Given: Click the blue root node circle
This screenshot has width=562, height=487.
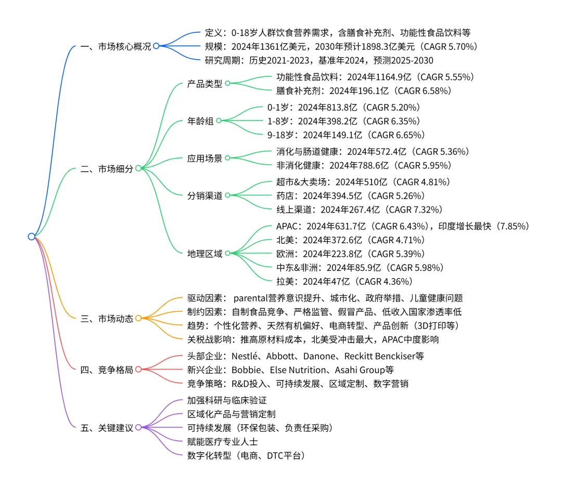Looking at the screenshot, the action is pos(31,236).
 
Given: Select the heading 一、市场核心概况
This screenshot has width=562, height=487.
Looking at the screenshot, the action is pos(116,46).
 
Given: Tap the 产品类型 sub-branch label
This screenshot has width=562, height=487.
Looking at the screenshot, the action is pos(205,84).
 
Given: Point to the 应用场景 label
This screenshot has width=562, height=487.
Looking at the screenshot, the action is pos(205,158).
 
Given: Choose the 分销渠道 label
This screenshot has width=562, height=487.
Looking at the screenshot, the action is pos(205,196).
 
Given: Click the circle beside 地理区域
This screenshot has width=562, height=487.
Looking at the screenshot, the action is pos(227,254).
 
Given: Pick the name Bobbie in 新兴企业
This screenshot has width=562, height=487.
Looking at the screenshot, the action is pos(245,370).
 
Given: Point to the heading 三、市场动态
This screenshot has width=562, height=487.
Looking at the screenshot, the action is pos(107,318).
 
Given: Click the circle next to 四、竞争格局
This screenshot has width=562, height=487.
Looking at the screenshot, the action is pos(138,370).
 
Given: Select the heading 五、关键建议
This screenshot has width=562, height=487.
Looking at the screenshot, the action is pos(107,428).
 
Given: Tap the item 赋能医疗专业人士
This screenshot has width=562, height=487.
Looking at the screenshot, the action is pos(222,442).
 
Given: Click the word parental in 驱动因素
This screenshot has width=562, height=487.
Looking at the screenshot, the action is pos(252,298).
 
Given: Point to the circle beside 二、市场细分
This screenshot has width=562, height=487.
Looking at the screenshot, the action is pos(138,168).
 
